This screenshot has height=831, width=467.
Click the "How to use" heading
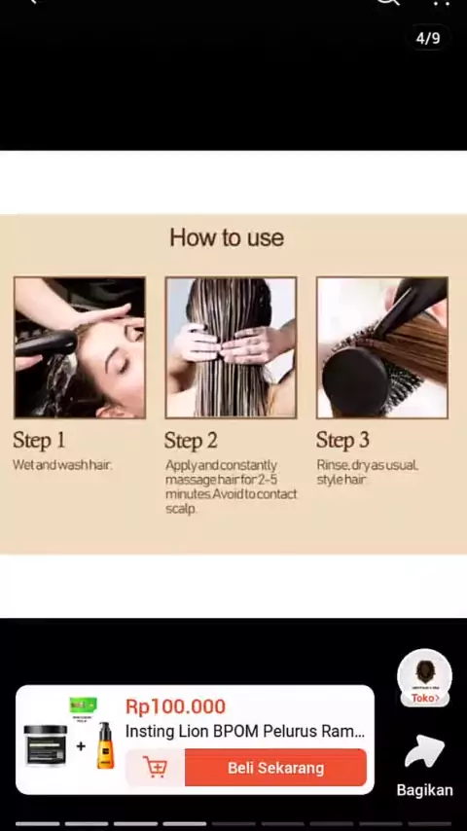pyautogui.click(x=227, y=237)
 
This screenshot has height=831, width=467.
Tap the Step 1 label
pyautogui.click(x=39, y=440)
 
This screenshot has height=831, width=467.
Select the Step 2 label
pyautogui.click(x=191, y=441)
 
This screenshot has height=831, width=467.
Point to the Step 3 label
pyautogui.click(x=342, y=440)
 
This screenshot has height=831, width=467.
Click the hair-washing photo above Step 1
pyautogui.click(x=80, y=347)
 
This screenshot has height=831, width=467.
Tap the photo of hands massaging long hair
pyautogui.click(x=231, y=347)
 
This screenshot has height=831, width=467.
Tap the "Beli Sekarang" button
pyautogui.click(x=275, y=768)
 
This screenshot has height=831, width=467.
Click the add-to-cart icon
pyautogui.click(x=155, y=768)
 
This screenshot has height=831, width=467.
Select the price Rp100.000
pyautogui.click(x=175, y=705)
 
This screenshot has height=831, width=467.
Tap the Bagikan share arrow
pyautogui.click(x=424, y=751)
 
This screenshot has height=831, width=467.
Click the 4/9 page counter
pyautogui.click(x=428, y=38)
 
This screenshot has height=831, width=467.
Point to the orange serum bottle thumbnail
pyautogui.click(x=105, y=745)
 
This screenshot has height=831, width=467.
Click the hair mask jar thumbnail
pyautogui.click(x=46, y=745)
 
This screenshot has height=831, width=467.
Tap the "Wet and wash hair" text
pyautogui.click(x=62, y=465)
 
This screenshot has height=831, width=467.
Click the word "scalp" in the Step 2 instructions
pyautogui.click(x=181, y=509)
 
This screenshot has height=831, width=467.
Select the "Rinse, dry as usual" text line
pyautogui.click(x=368, y=465)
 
